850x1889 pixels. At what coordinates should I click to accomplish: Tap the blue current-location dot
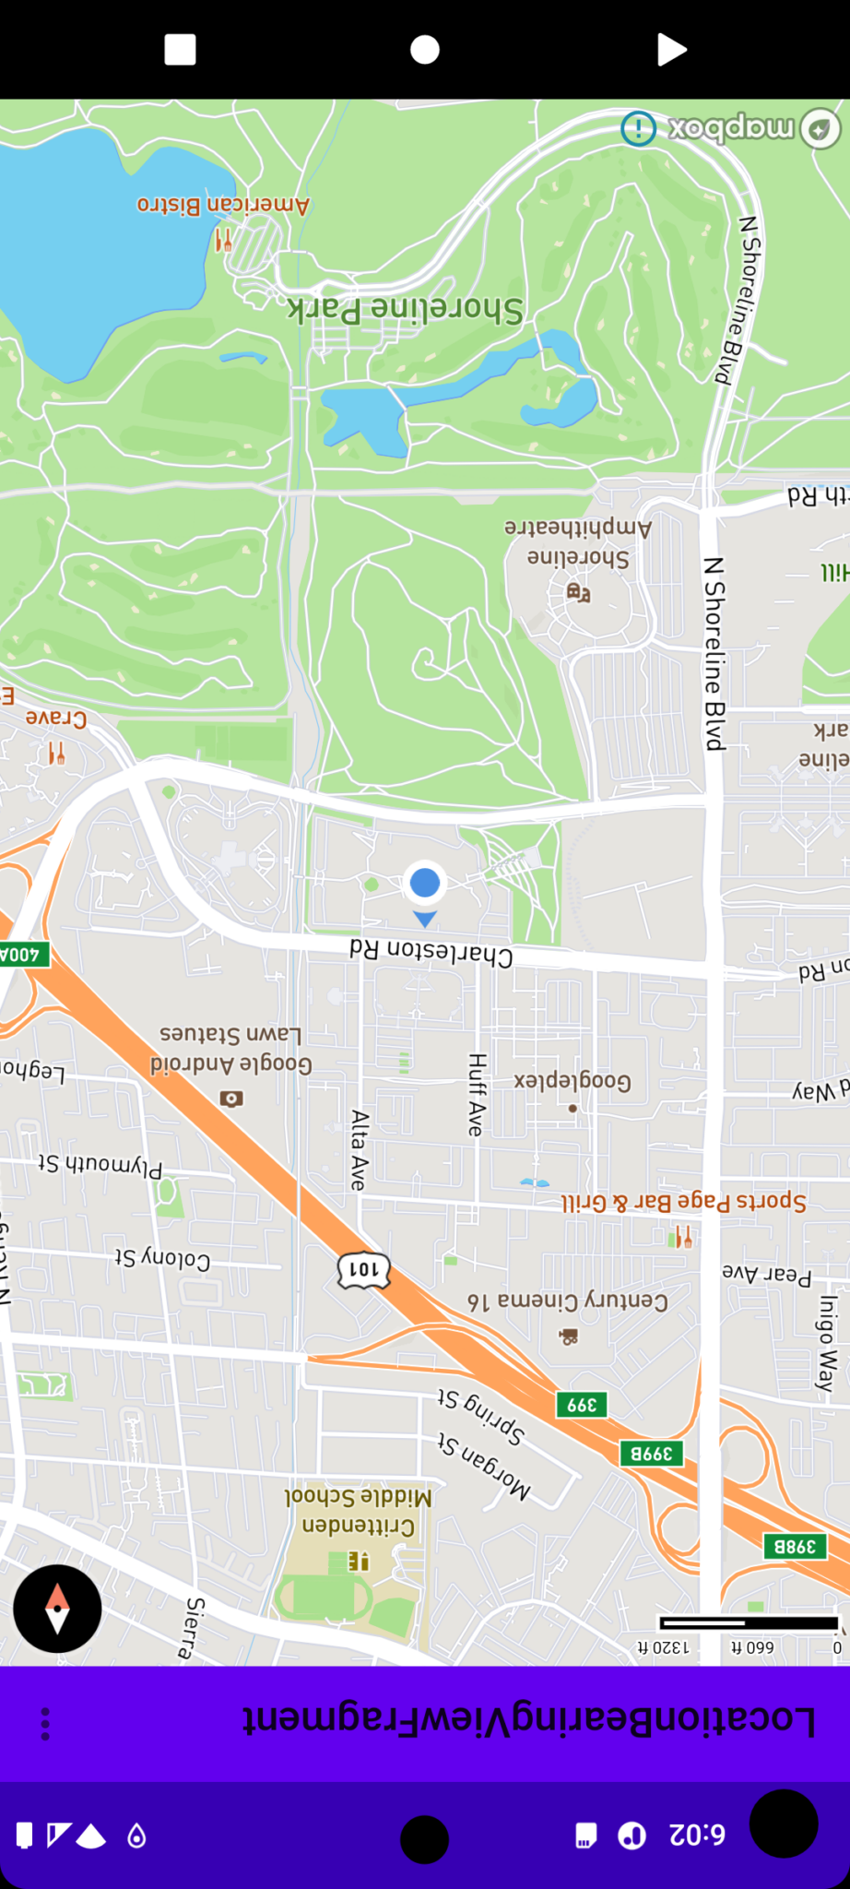pyautogui.click(x=424, y=883)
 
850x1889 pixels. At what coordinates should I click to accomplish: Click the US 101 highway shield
pyautogui.click(x=364, y=1270)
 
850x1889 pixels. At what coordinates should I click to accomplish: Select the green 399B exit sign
pyautogui.click(x=651, y=1454)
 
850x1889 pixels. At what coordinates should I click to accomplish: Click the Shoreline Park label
pyautogui.click(x=406, y=309)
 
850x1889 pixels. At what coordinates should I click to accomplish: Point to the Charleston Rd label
pyautogui.click(x=431, y=953)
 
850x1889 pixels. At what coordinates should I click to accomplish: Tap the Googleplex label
pyautogui.click(x=573, y=1081)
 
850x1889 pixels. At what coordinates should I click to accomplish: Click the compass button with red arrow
pyautogui.click(x=57, y=1609)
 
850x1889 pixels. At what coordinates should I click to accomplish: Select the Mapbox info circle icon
pyautogui.click(x=638, y=128)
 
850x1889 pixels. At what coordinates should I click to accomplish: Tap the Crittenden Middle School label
pyautogui.click(x=359, y=1511)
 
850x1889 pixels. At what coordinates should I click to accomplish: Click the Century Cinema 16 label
pyautogui.click(x=568, y=1301)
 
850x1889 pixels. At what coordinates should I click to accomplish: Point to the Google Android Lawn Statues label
pyautogui.click(x=231, y=1049)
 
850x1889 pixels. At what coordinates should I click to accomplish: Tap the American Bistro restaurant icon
pyautogui.click(x=223, y=241)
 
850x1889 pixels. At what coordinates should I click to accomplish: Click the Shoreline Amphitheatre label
pyautogui.click(x=578, y=542)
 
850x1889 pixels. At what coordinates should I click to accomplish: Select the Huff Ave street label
pyautogui.click(x=476, y=1095)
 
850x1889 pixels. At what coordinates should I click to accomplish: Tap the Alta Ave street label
pyautogui.click(x=360, y=1149)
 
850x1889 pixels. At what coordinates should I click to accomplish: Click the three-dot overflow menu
pyautogui.click(x=45, y=1724)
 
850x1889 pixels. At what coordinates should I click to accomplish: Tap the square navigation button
pyautogui.click(x=180, y=49)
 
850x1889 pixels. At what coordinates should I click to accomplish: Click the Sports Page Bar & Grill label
pyautogui.click(x=683, y=1202)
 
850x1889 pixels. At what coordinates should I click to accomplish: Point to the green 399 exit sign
pyautogui.click(x=582, y=1405)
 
